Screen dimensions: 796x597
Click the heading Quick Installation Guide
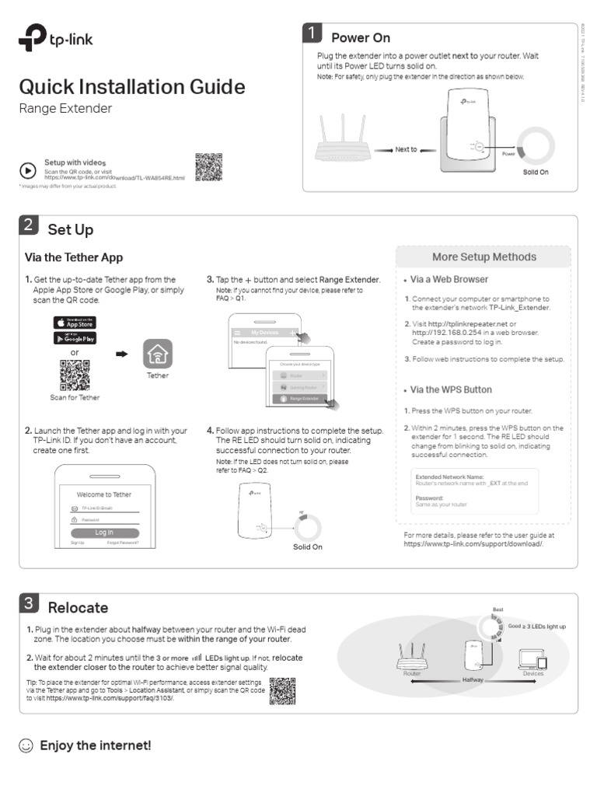pyautogui.click(x=131, y=86)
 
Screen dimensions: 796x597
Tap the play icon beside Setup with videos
pyautogui.click(x=27, y=169)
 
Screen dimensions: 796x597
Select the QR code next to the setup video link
pyautogui.click(x=208, y=167)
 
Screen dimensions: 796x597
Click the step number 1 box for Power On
pyautogui.click(x=312, y=33)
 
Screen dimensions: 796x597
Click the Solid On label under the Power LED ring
pyautogui.click(x=535, y=172)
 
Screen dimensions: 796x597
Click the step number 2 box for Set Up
pyautogui.click(x=27, y=225)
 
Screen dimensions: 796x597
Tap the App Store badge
pyautogui.click(x=75, y=322)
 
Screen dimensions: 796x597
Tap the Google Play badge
pyautogui.click(x=75, y=338)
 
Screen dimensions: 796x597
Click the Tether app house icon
pyautogui.click(x=158, y=356)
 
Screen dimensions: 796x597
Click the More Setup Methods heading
pyautogui.click(x=484, y=257)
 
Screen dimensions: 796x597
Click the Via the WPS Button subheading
pyautogui.click(x=451, y=389)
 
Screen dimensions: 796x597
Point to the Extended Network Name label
pyautogui.click(x=449, y=476)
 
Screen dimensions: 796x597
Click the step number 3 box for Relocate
pyautogui.click(x=27, y=603)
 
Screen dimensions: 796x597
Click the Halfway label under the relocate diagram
pyautogui.click(x=473, y=679)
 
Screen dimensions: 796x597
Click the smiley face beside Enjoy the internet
pyautogui.click(x=26, y=746)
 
